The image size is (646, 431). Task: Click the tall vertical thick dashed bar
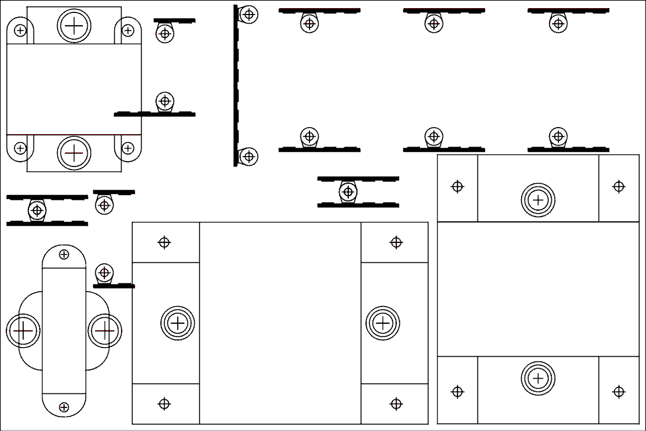236,86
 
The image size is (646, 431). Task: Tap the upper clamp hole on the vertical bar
248,14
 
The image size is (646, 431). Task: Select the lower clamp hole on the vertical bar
248,157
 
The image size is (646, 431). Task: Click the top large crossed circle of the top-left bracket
74,25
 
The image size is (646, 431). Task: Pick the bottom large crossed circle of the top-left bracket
74,153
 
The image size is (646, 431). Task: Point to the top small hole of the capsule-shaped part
64,254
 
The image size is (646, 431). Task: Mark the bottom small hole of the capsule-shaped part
64,407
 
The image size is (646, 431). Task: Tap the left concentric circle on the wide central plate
177,323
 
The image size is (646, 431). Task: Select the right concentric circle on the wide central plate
383,323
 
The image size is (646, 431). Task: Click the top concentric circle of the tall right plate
538,200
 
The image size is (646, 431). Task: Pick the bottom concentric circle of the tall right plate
538,378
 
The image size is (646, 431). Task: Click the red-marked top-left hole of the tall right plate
457,187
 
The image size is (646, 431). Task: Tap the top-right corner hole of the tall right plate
619,187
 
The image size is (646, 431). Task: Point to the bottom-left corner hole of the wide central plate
164,404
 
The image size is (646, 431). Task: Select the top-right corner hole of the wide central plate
396,242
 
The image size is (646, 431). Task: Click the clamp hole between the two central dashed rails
348,191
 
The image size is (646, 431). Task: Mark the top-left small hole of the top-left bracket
20,30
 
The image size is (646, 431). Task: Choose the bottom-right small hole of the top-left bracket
128,148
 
